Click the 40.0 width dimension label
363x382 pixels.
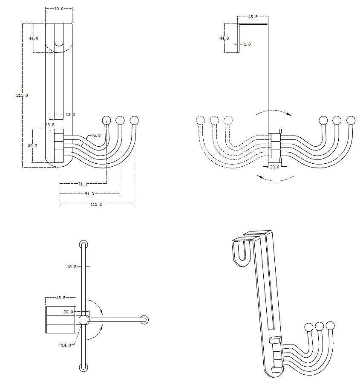point(59,9)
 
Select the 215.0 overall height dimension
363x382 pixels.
point(22,95)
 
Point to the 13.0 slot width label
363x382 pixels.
point(70,115)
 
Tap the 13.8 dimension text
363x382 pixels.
point(50,124)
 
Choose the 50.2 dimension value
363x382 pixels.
point(33,145)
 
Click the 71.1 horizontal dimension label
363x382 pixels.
point(83,184)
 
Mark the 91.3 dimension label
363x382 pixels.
point(89,194)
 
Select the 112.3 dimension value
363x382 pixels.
point(96,205)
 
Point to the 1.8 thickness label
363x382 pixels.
point(247,44)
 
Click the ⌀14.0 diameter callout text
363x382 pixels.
point(65,345)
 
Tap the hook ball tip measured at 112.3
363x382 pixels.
point(134,119)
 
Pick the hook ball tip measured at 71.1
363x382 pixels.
point(107,119)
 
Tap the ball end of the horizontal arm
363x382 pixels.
point(144,319)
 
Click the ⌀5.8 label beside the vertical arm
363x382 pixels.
point(72,266)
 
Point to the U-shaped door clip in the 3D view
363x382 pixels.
point(241,252)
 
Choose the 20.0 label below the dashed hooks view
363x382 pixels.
point(274,167)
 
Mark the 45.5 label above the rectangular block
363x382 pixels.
point(61,298)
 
